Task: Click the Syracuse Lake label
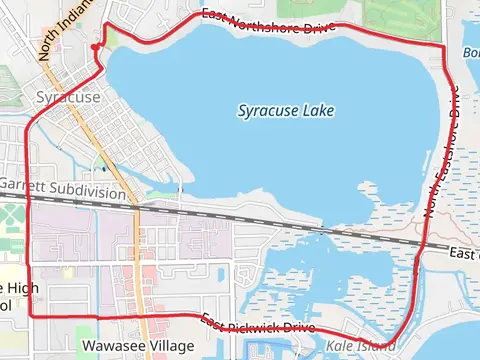tap(286, 110)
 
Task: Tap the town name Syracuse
tap(67, 97)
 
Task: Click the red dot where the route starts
tap(93, 47)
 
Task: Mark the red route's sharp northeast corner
tap(442, 46)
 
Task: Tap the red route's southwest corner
tap(29, 314)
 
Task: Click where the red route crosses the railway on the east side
tap(426, 245)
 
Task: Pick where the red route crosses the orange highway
tap(146, 315)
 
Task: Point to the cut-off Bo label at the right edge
tap(471, 52)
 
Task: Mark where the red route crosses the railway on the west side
tap(28, 196)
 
